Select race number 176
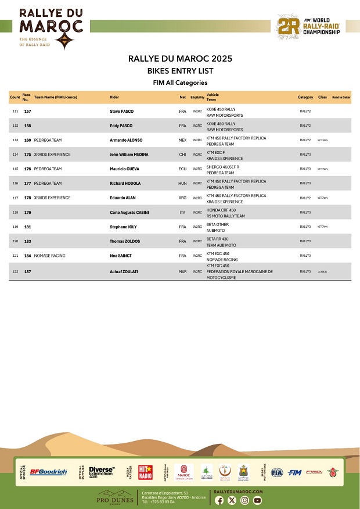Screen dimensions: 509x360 coord(27,169)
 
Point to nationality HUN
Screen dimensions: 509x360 coord(182,184)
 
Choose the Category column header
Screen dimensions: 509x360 coord(305,97)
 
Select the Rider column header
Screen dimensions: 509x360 coord(114,97)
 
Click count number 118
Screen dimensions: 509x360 coord(15,213)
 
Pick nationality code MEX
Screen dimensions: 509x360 coord(182,140)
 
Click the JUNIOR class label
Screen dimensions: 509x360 coord(323,271)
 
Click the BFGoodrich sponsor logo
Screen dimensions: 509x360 coord(48,472)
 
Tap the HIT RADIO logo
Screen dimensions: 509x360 coord(145,472)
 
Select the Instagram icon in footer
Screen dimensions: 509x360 coord(245,500)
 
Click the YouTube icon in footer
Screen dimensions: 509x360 coord(257,500)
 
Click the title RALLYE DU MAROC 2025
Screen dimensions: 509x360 coord(180,59)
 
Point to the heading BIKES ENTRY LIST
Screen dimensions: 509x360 coord(180,71)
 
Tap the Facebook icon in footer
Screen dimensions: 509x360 coord(219,500)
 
